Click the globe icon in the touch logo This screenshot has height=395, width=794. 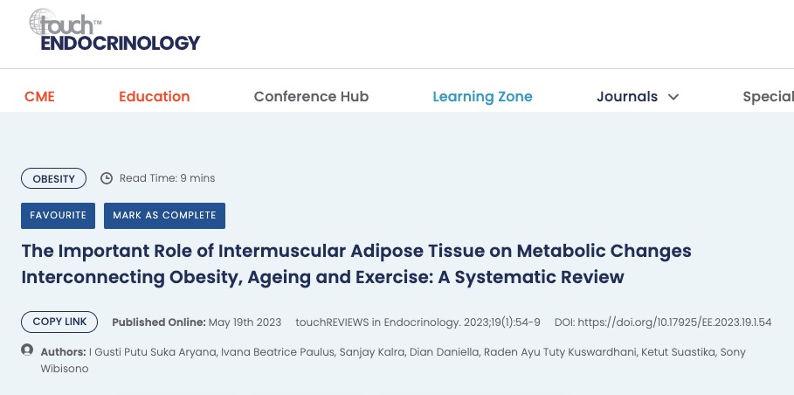(43, 22)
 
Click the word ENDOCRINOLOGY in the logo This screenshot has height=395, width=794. (121, 43)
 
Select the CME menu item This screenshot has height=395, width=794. (39, 96)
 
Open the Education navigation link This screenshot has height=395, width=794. (155, 96)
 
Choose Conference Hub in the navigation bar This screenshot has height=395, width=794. (312, 96)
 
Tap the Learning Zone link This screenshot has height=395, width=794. (482, 96)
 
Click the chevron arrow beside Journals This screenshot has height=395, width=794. (673, 97)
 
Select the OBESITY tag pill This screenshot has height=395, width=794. (53, 178)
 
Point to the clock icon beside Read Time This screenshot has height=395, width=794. (107, 178)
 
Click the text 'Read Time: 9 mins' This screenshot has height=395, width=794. (167, 178)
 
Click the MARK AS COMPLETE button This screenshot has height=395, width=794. (164, 216)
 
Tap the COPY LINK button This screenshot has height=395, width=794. (59, 322)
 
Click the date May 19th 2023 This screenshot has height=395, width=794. (245, 322)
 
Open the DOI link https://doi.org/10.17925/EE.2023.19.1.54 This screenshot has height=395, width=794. (674, 322)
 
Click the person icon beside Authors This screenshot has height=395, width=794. (27, 350)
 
